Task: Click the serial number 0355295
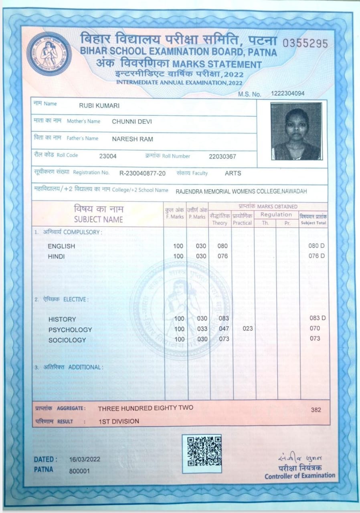coord(305,44)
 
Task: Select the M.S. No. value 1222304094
coord(287,93)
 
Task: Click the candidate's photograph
coord(296,131)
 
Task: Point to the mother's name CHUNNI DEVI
coord(132,121)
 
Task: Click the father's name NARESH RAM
coord(132,139)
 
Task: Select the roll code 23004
coord(108,156)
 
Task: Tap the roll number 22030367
coord(222,156)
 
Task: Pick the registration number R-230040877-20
coord(142,173)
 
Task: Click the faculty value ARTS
coord(233,173)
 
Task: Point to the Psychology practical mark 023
coord(248,329)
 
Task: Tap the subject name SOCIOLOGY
coord(67,340)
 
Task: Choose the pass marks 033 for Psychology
coord(202,329)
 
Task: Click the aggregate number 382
coord(316,410)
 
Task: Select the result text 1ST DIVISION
coord(119,421)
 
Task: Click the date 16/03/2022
coord(85,459)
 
